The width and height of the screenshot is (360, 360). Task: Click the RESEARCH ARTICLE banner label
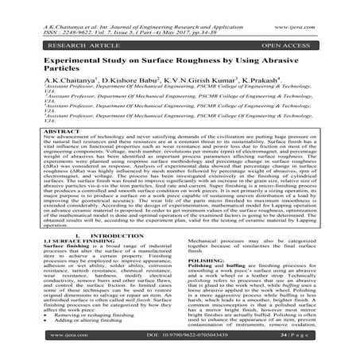[53, 37]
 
